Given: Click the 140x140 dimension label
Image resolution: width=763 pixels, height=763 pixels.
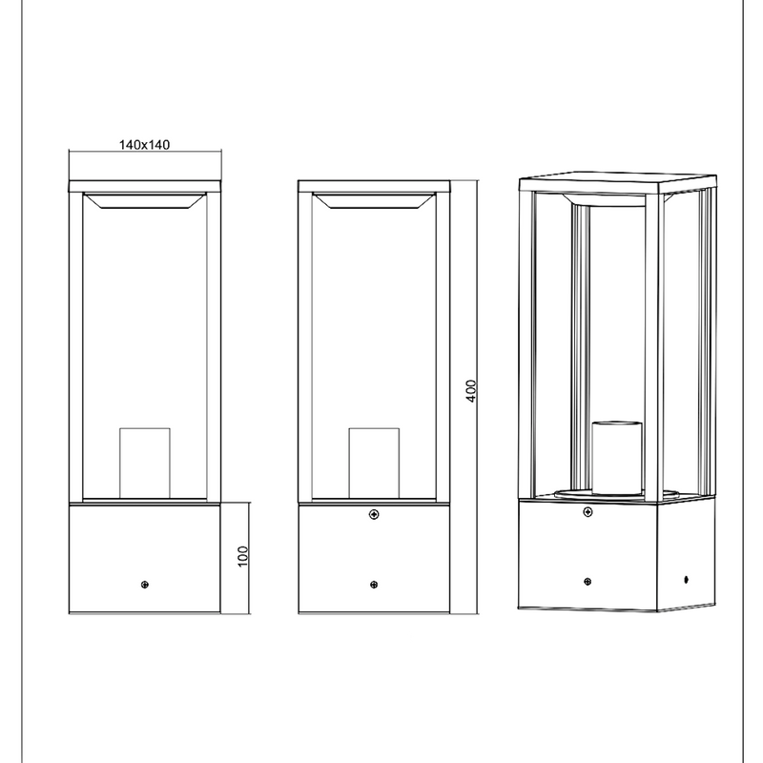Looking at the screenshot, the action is tap(145, 145).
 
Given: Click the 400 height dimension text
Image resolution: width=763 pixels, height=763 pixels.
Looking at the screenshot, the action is tap(471, 391).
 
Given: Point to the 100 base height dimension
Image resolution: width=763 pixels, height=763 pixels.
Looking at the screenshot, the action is tap(243, 556).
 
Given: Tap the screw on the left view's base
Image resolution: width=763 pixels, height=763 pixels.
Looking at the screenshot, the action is tap(145, 585).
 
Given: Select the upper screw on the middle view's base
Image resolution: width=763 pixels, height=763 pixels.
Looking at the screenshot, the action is tap(374, 514).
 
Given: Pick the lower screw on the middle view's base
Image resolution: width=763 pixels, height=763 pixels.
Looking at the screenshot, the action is tap(374, 585).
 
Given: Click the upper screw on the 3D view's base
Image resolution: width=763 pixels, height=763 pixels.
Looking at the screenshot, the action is tap(588, 512).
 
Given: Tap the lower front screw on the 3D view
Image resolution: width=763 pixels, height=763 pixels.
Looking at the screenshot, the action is tap(588, 582).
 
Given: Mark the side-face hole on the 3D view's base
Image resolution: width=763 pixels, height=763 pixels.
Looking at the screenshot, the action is tap(686, 580).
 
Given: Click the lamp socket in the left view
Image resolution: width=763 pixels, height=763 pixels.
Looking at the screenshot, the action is tap(145, 464).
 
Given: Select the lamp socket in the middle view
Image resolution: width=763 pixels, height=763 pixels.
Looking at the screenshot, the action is tap(374, 464).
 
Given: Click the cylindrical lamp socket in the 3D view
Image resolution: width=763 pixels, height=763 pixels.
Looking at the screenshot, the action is tap(616, 458).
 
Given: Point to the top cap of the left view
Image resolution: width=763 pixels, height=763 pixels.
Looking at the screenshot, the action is tap(145, 187).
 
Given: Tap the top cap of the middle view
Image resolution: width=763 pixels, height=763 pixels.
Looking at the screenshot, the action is tap(374, 187).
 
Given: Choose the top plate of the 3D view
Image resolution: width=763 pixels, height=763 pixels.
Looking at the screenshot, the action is tap(618, 181).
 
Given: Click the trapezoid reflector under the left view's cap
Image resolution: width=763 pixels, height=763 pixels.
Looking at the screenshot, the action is tap(145, 201).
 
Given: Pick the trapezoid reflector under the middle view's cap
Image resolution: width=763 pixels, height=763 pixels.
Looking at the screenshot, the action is tap(374, 201).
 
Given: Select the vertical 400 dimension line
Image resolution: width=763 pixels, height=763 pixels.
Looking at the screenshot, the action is tap(478, 397).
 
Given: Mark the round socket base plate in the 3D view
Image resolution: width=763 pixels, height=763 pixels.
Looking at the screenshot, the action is tap(617, 495).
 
